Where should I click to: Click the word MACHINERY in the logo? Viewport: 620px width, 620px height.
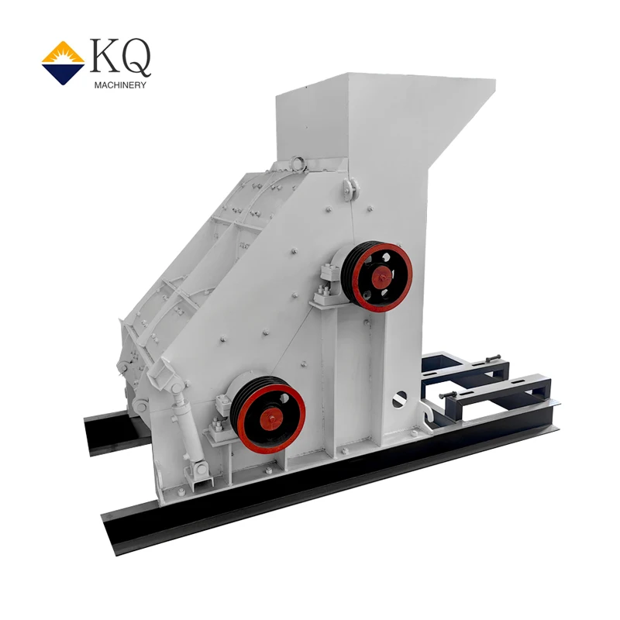point(120,84)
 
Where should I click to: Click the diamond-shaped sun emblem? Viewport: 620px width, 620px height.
point(63,63)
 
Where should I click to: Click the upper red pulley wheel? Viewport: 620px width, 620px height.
point(377,277)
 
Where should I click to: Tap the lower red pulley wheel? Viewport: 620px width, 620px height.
point(268,415)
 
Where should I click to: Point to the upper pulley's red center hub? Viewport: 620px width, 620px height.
point(382,277)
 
